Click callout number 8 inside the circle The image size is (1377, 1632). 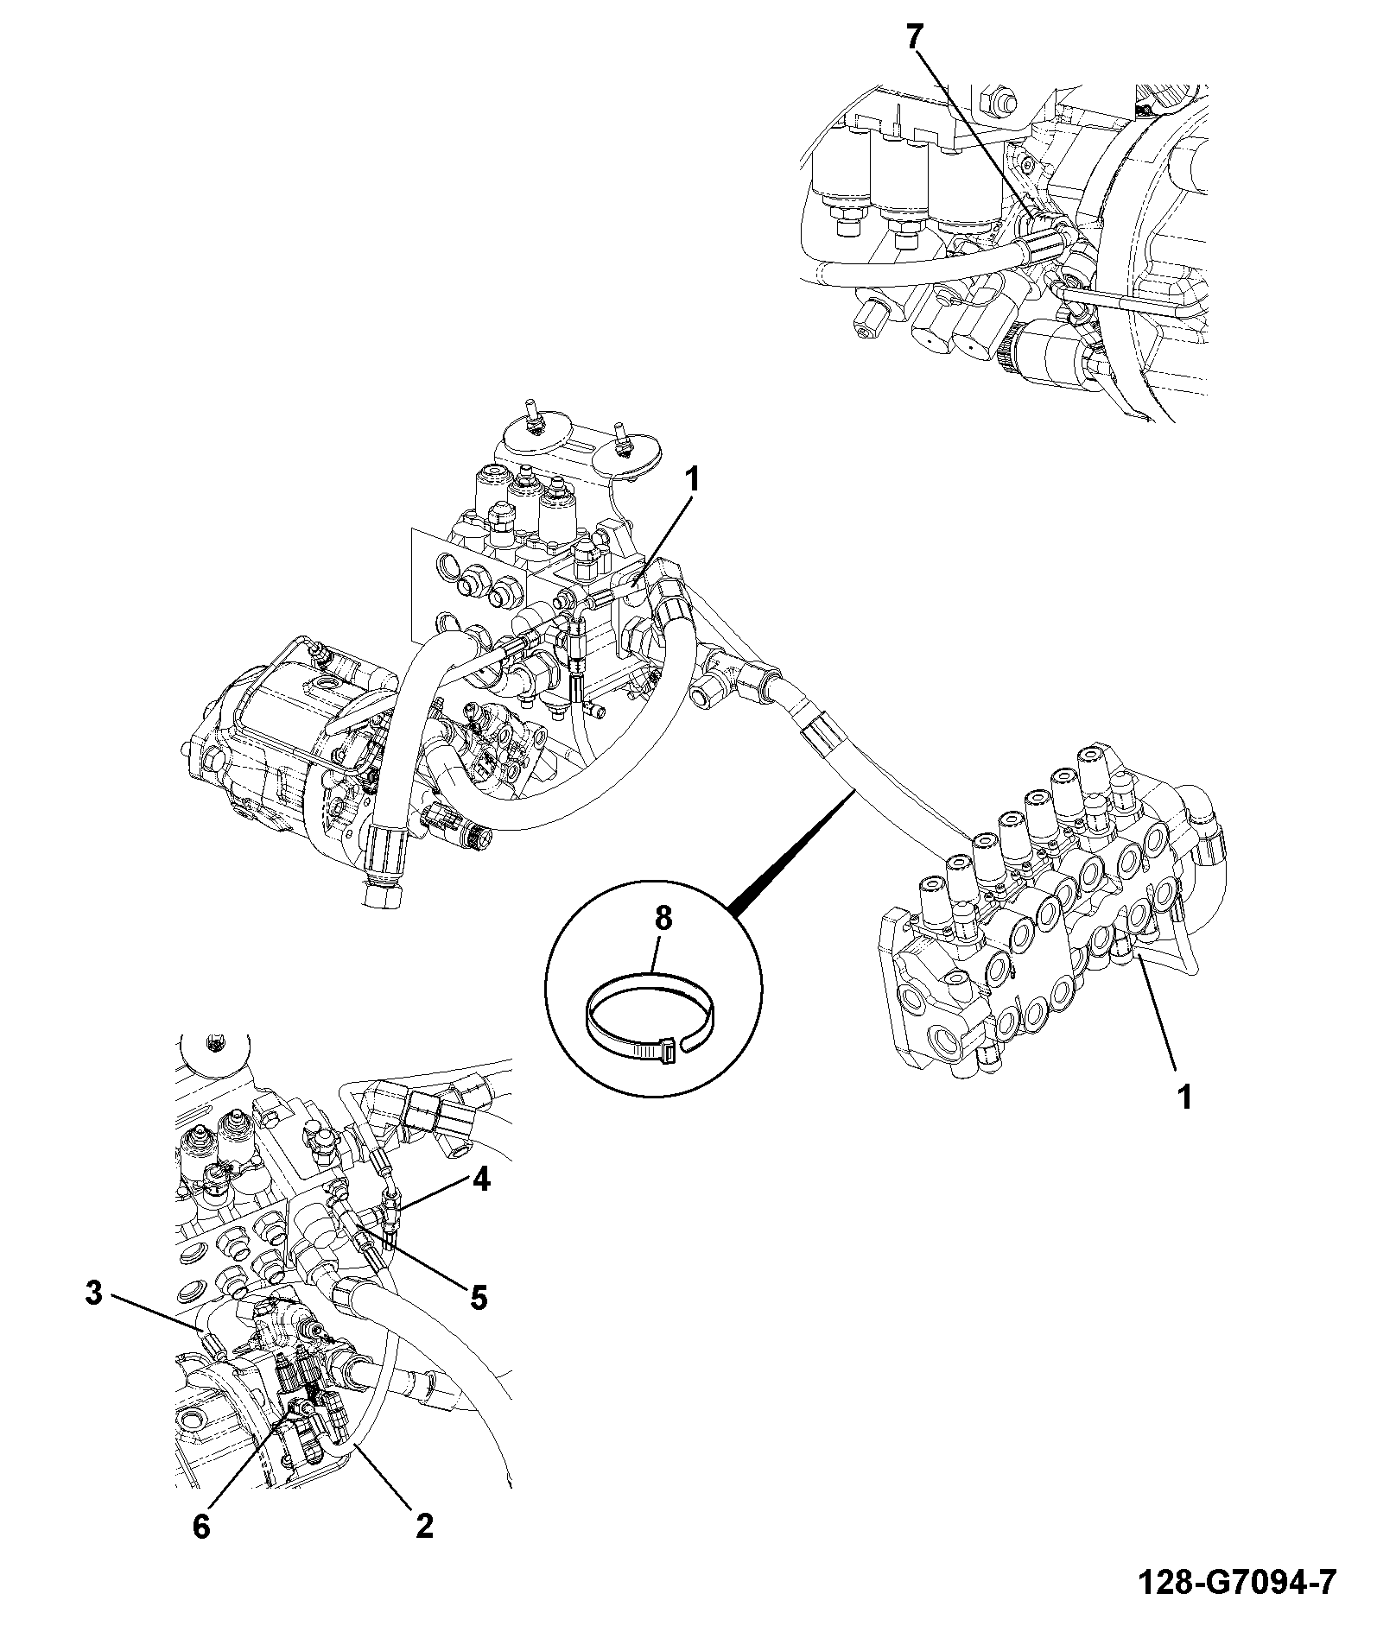pos(663,920)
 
